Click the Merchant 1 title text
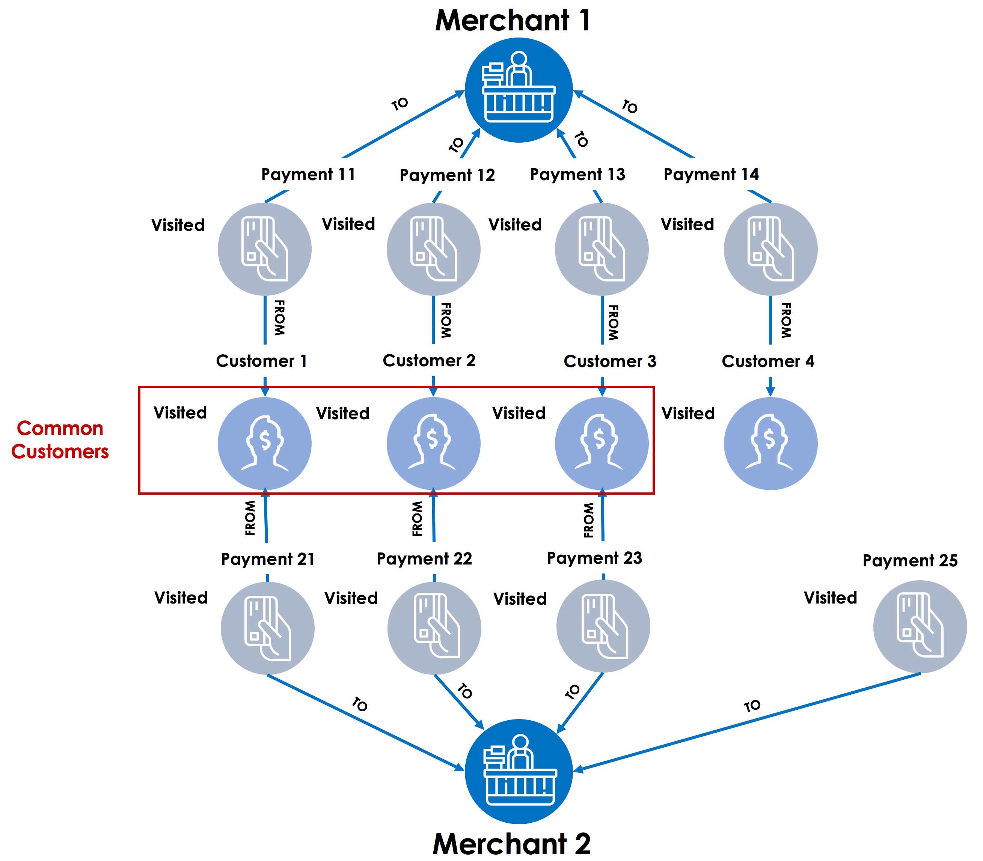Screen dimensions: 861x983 (513, 21)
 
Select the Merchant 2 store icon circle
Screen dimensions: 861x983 (519, 771)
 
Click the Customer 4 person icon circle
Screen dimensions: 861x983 (770, 443)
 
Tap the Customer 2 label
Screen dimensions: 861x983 (429, 360)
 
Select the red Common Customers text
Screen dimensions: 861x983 (60, 440)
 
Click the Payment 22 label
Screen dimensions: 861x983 (424, 558)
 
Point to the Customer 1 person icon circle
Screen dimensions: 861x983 (264, 443)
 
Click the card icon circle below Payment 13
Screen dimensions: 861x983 (602, 249)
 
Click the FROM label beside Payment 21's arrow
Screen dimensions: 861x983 (250, 518)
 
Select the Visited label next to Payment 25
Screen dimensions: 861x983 (830, 598)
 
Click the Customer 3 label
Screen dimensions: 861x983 (609, 361)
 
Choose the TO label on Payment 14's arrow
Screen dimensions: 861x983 (630, 106)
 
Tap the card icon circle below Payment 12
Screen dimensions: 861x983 (433, 249)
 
